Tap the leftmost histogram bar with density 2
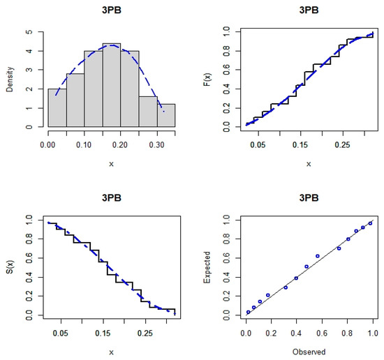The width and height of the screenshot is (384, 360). pos(57,107)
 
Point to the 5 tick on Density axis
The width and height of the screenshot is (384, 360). pos(26,32)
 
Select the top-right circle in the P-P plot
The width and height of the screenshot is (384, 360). pos(370,223)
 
